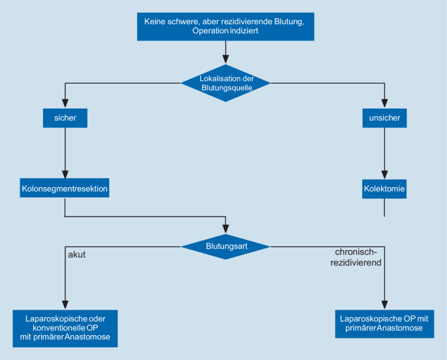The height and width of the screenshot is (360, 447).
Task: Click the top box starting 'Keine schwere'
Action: (225, 26)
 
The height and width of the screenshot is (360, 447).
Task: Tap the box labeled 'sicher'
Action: (65, 118)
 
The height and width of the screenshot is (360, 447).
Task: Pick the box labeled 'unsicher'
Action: (384, 118)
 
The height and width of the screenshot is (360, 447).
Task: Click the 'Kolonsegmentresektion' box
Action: (65, 190)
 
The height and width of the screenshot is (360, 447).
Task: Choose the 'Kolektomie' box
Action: (384, 190)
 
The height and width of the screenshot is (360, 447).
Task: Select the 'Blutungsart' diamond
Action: (225, 247)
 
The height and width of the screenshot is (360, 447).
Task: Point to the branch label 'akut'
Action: (77, 255)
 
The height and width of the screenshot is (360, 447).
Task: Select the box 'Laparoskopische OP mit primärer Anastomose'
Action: (384, 323)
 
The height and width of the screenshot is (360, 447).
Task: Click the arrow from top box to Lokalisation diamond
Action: (225, 52)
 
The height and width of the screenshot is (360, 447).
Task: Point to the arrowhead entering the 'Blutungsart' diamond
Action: (225, 229)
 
